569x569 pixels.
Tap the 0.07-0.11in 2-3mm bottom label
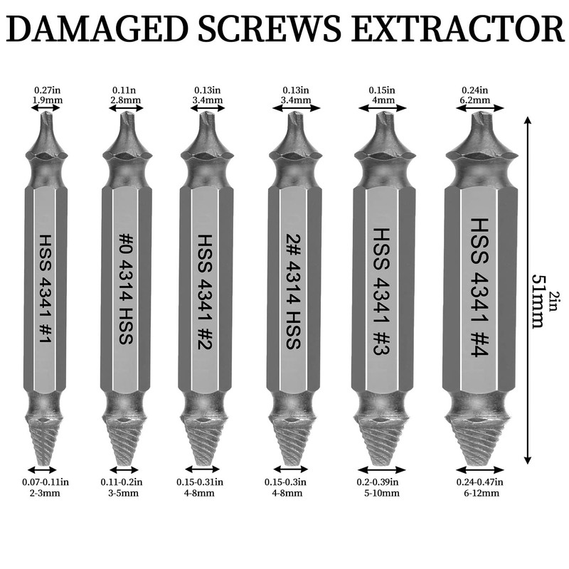coord(43,487)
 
